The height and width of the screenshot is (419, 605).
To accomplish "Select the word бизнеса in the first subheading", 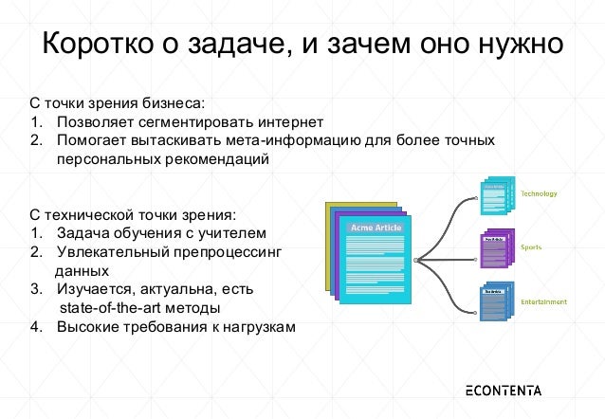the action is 170,102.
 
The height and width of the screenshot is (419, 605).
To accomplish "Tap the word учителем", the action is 233,232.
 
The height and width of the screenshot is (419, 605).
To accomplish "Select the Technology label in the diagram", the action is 539,193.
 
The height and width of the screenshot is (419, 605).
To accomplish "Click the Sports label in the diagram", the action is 531,246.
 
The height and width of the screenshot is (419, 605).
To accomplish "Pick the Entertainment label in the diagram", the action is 543,301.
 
